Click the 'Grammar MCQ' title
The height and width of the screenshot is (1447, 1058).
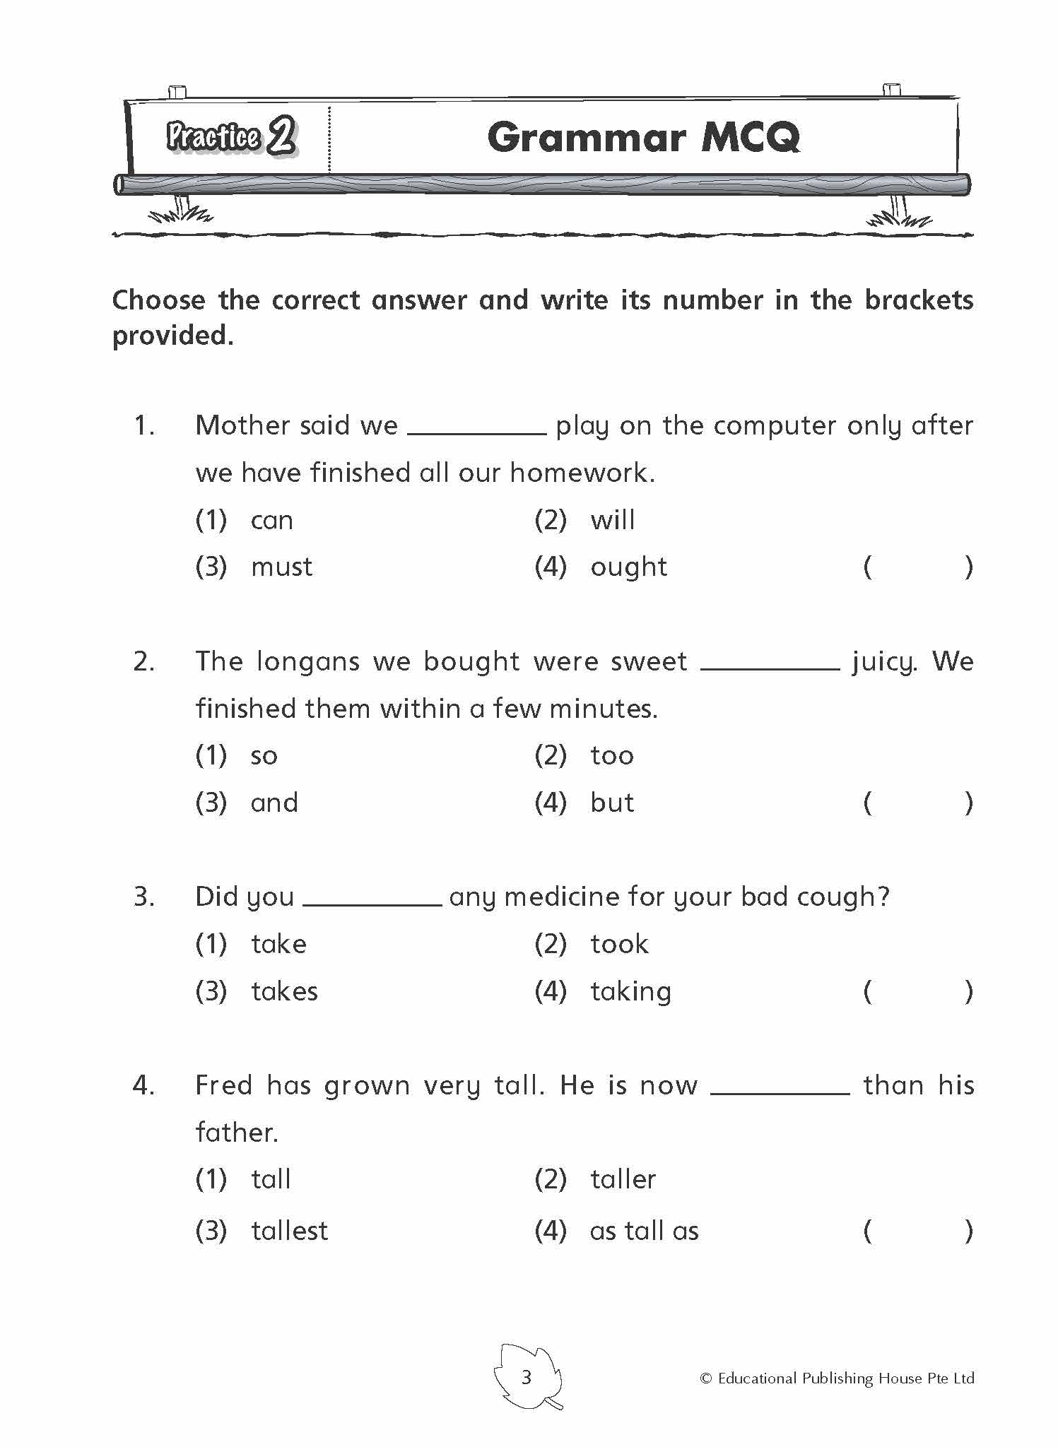(x=643, y=137)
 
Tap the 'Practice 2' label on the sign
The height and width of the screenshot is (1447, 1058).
(x=231, y=136)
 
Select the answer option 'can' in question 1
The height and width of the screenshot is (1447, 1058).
(x=271, y=521)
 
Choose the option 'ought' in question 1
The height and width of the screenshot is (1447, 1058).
(x=628, y=567)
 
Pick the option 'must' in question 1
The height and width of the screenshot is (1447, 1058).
(x=281, y=567)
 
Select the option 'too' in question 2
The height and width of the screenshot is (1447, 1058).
(x=612, y=756)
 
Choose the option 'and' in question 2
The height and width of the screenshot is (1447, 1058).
(x=274, y=803)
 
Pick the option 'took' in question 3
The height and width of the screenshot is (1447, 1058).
(x=619, y=945)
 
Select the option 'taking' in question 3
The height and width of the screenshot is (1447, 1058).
(x=630, y=992)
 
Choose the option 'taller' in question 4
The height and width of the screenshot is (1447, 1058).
(x=623, y=1180)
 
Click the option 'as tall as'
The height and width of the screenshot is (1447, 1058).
(x=644, y=1232)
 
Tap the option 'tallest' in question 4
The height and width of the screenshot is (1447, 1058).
(x=289, y=1232)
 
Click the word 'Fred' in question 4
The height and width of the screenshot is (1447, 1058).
(x=223, y=1085)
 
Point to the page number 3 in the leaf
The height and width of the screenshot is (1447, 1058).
(x=526, y=1377)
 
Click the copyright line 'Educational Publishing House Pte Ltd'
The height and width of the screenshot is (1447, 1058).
(x=837, y=1378)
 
